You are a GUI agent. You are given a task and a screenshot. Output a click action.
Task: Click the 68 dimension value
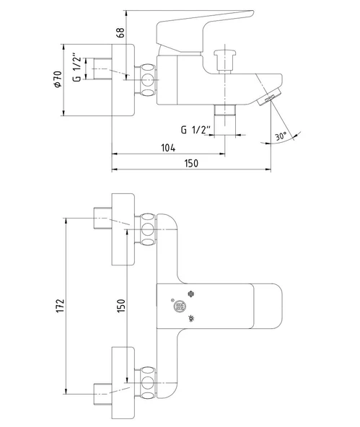coord(121,32)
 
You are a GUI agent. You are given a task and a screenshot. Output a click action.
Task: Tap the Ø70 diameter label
coord(58,79)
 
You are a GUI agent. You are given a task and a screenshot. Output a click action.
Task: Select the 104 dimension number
coord(168,148)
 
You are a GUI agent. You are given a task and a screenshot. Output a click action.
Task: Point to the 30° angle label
coord(281,136)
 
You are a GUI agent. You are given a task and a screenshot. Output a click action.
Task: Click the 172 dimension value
coord(60,306)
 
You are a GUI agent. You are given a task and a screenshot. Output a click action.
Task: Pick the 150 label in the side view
coord(191,164)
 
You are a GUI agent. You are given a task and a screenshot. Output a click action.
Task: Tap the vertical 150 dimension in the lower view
coord(121,306)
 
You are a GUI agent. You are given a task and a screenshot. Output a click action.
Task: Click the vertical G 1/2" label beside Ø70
coord(77,69)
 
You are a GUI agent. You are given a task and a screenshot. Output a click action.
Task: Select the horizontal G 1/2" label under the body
coord(196,130)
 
